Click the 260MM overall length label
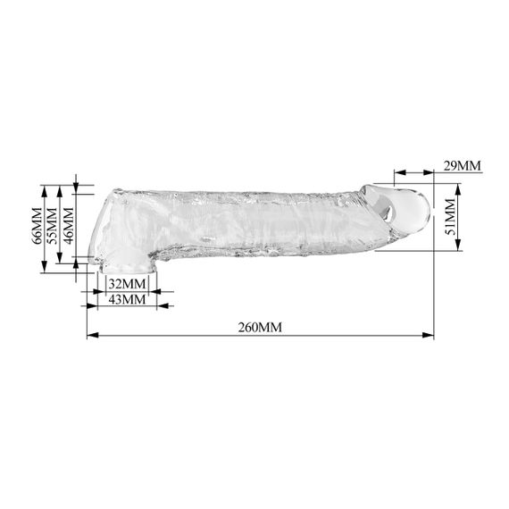pyautogui.click(x=260, y=327)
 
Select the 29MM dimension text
pyautogui.click(x=462, y=165)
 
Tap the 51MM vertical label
pyautogui.click(x=450, y=217)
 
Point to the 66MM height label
pyautogui.click(x=37, y=226)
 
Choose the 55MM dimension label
pyautogui.click(x=52, y=226)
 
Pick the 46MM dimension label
pyautogui.click(x=69, y=226)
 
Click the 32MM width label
pyautogui.click(x=127, y=284)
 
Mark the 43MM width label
pyautogui.click(x=127, y=299)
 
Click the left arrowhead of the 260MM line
pyautogui.click(x=93, y=335)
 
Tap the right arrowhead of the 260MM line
pyautogui.click(x=428, y=335)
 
